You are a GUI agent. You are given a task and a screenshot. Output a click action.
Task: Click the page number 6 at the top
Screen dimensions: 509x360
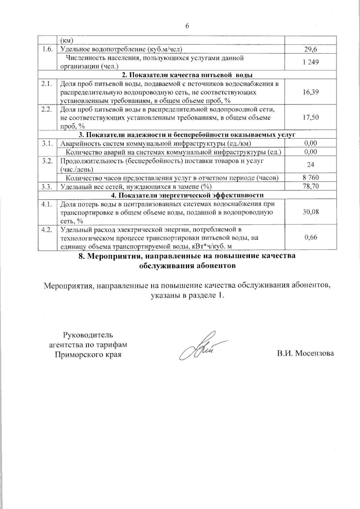coord(187,26)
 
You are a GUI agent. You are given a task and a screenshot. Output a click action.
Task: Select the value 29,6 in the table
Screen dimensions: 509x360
coord(310,49)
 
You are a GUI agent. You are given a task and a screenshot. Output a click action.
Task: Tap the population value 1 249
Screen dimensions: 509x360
coord(310,62)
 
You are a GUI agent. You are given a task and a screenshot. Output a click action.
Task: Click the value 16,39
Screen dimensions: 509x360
coord(310,92)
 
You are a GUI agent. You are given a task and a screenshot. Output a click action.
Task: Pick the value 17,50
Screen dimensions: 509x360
coord(310,117)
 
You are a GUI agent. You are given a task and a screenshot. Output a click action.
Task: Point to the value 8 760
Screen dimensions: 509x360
coord(310,178)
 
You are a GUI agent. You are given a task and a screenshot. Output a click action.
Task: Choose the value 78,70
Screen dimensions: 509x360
coord(310,186)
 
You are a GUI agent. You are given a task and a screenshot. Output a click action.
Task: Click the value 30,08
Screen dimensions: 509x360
coord(310,212)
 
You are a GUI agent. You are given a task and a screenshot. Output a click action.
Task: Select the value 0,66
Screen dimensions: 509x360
coord(310,237)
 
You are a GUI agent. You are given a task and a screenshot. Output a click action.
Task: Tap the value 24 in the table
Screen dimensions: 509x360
coord(310,165)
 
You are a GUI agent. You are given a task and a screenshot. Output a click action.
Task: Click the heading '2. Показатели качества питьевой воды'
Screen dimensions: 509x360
coord(187,75)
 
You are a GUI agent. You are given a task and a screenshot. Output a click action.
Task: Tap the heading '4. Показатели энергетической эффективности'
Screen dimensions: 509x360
coord(187,195)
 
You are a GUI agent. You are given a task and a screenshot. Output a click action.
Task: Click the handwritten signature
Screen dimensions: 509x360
coord(199,347)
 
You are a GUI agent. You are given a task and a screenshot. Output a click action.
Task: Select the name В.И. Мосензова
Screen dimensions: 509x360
coord(305,353)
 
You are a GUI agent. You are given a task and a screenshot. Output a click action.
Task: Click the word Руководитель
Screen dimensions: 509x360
coord(88,335)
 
